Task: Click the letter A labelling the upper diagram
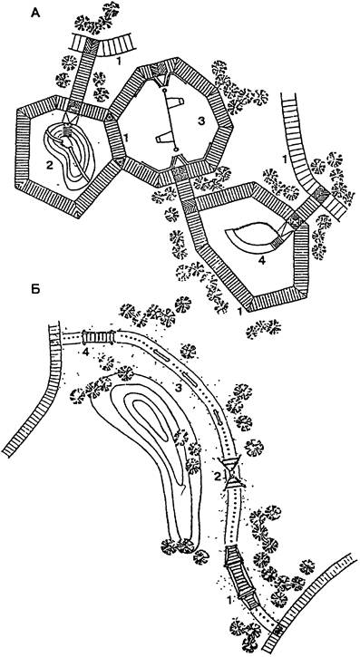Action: (35, 14)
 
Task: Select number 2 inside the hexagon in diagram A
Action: (50, 165)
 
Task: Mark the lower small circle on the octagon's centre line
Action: (176, 149)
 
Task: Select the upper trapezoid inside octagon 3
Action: (175, 102)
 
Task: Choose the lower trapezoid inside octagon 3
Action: (166, 138)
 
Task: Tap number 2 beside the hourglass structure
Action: (218, 476)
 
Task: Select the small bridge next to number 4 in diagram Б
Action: (99, 336)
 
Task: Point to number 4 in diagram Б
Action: (85, 351)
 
